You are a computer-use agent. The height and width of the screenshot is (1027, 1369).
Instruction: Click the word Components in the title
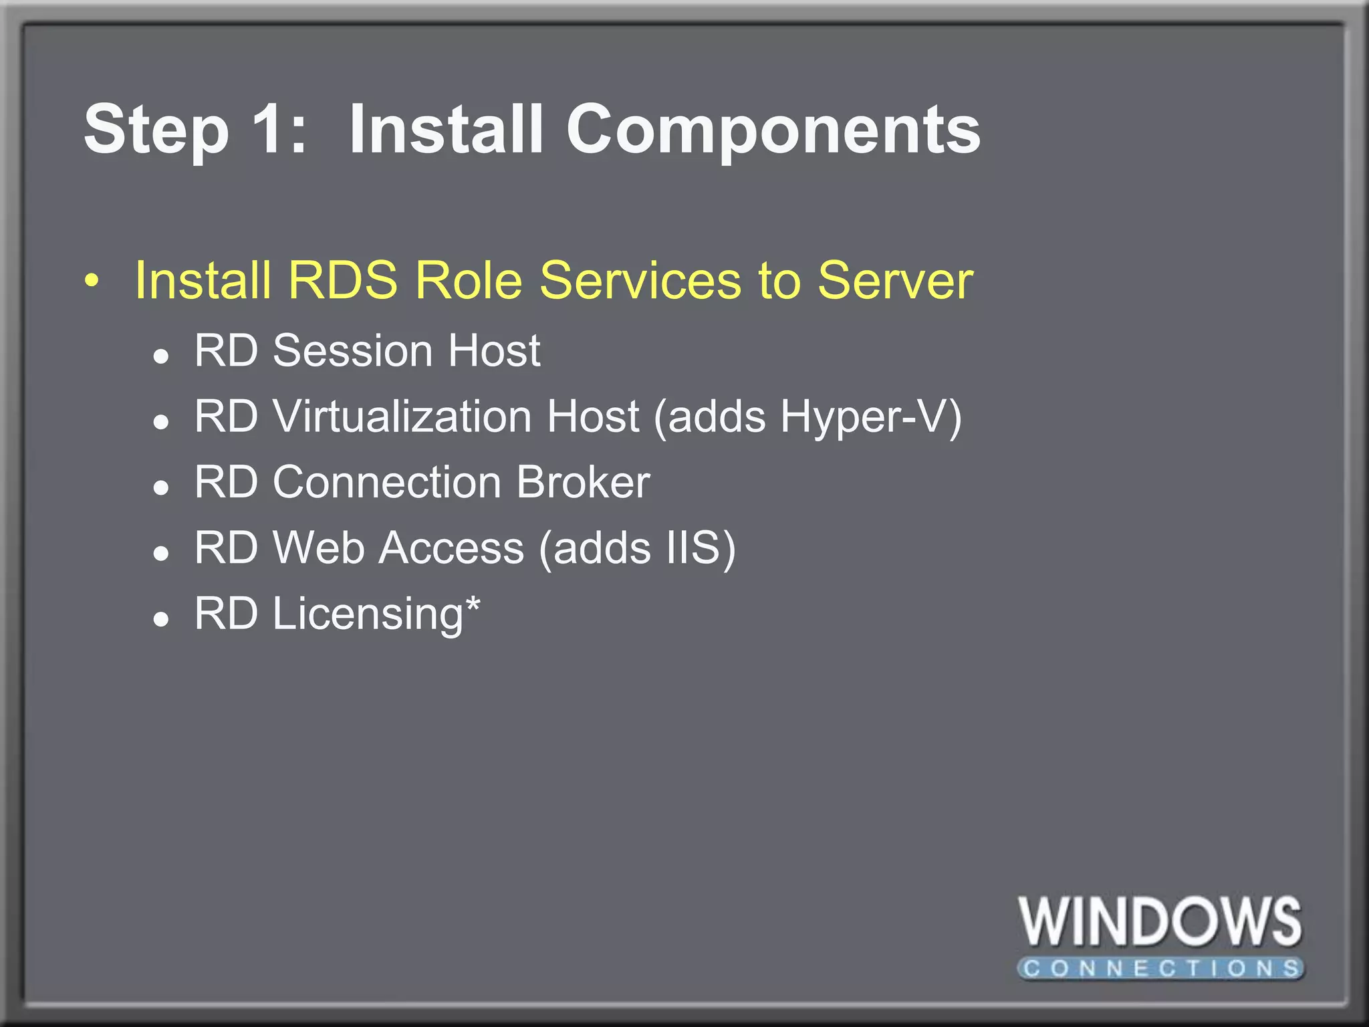[x=773, y=130]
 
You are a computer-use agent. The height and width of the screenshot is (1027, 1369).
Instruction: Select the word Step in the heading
[x=156, y=130]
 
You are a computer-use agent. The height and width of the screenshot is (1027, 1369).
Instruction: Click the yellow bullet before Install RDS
[x=92, y=281]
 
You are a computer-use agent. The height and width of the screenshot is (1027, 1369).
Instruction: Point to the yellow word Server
[x=895, y=280]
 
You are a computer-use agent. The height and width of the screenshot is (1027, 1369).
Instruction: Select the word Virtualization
[x=402, y=417]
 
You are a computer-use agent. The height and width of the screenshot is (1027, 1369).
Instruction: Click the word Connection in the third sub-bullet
[x=387, y=482]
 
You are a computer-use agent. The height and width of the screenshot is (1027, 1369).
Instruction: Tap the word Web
[x=319, y=548]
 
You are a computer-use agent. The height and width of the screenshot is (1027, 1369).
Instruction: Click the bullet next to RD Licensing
[x=160, y=620]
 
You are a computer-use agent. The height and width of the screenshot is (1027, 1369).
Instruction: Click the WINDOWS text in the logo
[x=1160, y=923]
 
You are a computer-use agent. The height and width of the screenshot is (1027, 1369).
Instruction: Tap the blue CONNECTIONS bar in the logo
[x=1160, y=968]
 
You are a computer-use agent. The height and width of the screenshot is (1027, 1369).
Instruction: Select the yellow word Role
[x=468, y=280]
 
